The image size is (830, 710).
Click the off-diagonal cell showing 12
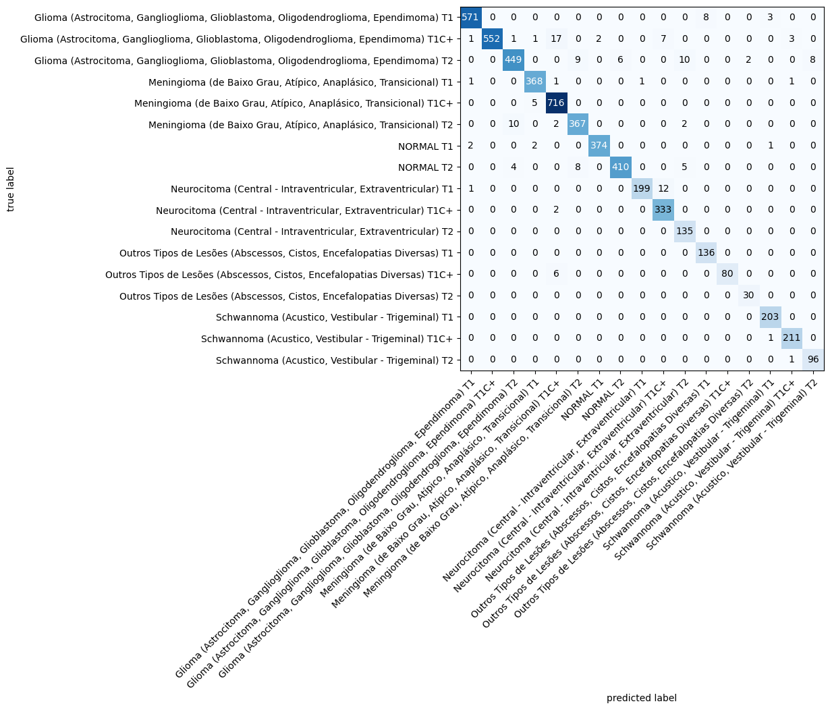click(663, 189)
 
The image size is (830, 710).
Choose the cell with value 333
click(663, 210)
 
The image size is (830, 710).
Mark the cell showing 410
click(621, 167)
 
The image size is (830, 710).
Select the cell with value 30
click(749, 296)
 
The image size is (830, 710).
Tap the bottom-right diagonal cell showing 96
click(813, 360)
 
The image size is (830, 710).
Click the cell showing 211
click(792, 338)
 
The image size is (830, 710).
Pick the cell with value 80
click(727, 274)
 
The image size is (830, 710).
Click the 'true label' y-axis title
click(11, 189)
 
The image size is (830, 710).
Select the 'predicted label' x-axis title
click(641, 698)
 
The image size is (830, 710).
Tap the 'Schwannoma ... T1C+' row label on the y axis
click(327, 338)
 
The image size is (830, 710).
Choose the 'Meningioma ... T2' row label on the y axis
click(294, 125)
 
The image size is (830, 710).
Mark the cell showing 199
click(642, 189)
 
